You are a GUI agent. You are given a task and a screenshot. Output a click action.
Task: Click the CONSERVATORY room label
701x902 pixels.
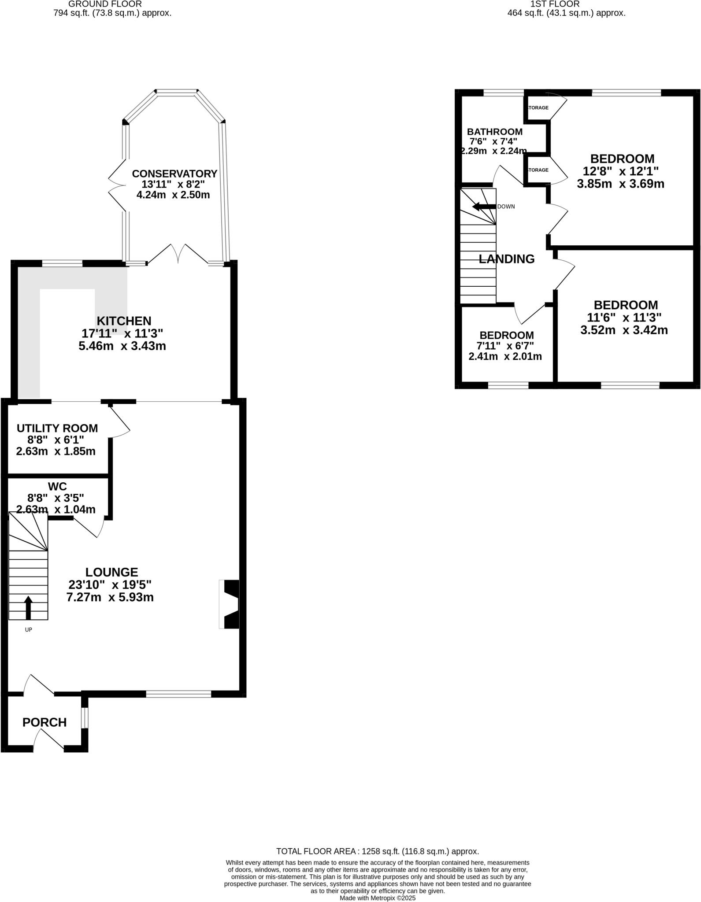(174, 174)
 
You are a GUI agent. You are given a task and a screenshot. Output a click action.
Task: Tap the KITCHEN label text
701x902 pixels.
(124, 321)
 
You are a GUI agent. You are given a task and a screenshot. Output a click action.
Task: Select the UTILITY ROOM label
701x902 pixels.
(57, 428)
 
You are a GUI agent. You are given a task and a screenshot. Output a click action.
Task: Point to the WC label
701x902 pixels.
(57, 486)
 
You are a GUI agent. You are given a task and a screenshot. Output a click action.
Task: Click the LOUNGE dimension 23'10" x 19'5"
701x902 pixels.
(110, 585)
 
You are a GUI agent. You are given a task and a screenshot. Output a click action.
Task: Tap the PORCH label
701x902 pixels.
(45, 722)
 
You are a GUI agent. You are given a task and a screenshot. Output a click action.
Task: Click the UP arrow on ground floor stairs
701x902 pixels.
(28, 608)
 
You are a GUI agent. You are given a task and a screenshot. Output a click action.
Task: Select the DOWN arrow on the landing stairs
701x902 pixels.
(483, 207)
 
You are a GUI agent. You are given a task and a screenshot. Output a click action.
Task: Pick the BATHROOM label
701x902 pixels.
(495, 132)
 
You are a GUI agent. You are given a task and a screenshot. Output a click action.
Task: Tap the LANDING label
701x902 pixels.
(507, 259)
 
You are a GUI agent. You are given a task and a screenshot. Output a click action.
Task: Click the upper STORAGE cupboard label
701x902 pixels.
(538, 107)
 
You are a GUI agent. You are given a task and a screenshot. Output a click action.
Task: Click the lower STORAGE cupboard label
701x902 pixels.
(538, 170)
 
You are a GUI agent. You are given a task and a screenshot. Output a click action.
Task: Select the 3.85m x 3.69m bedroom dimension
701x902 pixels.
(620, 184)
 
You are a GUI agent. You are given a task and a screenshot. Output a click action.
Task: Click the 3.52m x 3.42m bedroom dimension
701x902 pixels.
(624, 330)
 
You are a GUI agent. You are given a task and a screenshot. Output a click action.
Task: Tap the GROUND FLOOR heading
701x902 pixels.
(105, 4)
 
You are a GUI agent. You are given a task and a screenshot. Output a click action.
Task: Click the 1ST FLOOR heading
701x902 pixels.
(555, 4)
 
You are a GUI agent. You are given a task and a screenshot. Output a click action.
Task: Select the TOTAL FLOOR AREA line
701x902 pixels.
(377, 851)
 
